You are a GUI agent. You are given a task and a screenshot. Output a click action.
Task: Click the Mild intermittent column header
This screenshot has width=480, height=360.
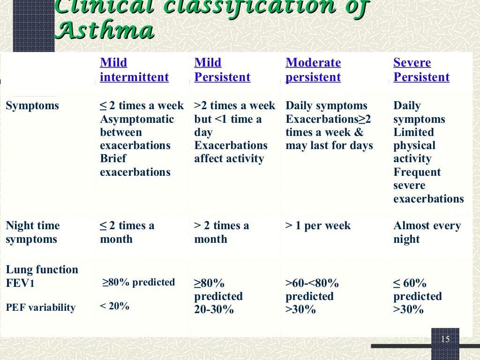tap(134, 70)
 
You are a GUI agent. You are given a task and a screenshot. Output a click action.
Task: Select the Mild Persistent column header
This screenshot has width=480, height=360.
tap(222, 70)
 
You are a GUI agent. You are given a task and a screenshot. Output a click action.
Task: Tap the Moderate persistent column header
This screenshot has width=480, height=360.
tap(313, 70)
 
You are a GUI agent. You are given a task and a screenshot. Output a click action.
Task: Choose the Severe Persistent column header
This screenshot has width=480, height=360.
tap(421, 70)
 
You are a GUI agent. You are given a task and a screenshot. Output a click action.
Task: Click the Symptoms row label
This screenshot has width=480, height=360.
tap(32, 106)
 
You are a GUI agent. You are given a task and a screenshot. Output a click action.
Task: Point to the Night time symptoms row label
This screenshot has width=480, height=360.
tap(32, 232)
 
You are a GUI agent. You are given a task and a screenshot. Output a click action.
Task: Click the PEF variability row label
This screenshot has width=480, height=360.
tap(40, 307)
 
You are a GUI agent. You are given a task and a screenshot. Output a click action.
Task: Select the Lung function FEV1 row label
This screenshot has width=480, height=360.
tap(42, 277)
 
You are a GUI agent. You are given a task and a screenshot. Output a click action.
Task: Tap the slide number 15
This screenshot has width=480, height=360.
tap(445, 339)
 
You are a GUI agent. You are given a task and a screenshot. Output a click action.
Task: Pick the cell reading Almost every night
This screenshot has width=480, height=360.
tap(427, 232)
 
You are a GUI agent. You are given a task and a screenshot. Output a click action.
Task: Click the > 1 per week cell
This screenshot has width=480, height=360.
tap(318, 226)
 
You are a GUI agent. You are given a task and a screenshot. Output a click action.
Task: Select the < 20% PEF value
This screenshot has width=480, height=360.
tap(114, 307)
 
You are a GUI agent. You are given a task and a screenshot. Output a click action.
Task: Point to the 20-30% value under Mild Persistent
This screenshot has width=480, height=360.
tap(214, 310)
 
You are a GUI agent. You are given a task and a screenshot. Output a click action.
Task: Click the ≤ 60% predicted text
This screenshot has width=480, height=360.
tap(417, 290)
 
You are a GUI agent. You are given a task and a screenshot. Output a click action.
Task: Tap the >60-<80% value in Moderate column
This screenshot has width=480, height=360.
tap(312, 284)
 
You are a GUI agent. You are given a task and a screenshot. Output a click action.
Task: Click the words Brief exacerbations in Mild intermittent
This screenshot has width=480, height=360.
tap(135, 165)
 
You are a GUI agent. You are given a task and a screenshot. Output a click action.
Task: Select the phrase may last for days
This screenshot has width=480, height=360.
tap(329, 146)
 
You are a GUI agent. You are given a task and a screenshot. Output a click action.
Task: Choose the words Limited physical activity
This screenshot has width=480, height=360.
tap(414, 145)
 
